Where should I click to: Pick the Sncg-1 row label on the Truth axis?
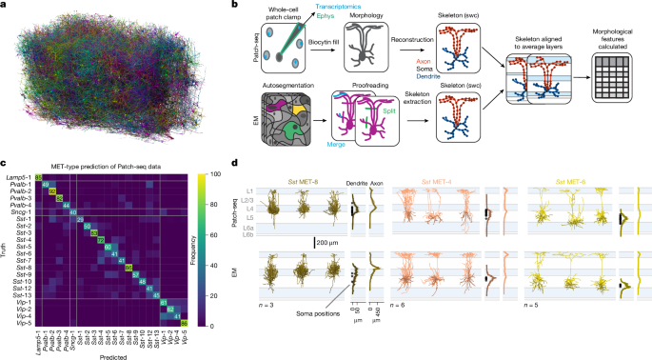click(18, 216)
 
